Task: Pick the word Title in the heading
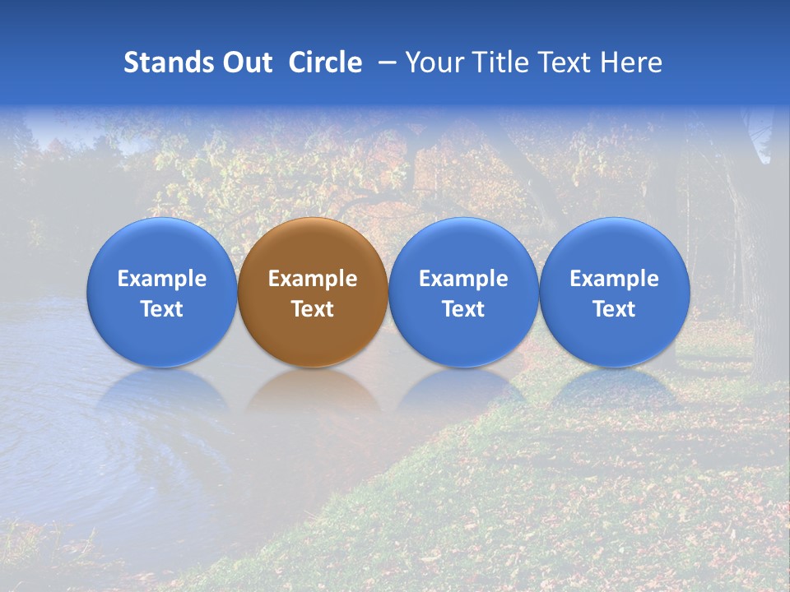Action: (497, 62)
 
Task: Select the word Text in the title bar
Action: (563, 62)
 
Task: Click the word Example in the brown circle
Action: (313, 279)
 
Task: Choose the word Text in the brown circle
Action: (313, 309)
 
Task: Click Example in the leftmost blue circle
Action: (162, 279)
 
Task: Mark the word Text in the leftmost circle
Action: (162, 309)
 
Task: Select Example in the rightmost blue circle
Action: (614, 279)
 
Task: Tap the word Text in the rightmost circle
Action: (614, 309)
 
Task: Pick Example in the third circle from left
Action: (463, 279)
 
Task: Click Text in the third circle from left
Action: (463, 309)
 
